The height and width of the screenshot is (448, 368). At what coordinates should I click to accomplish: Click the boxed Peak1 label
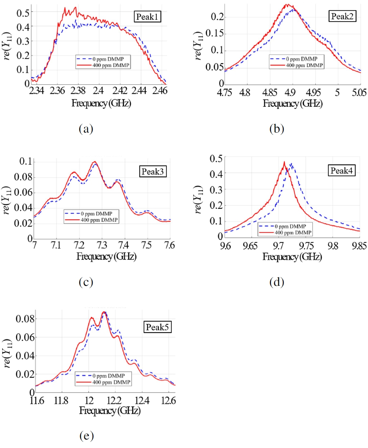(147, 17)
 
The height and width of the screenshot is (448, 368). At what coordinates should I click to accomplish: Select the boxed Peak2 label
(342, 16)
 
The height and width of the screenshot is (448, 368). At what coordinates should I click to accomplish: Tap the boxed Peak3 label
(153, 171)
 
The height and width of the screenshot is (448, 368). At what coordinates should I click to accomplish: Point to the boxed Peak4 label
(342, 170)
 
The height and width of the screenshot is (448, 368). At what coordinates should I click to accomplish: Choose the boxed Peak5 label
(157, 327)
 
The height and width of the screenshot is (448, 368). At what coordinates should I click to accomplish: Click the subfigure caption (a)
(86, 129)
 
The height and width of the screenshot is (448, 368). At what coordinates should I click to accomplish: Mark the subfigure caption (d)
(276, 282)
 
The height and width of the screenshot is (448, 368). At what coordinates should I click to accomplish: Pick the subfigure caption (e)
(87, 436)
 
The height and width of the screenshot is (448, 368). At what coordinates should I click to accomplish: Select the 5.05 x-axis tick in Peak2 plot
(359, 93)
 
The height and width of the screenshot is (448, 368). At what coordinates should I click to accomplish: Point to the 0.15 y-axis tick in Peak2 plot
(214, 34)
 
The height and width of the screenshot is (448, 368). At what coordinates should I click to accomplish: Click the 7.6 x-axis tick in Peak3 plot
(169, 246)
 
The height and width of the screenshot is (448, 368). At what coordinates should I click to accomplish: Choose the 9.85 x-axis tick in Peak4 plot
(359, 246)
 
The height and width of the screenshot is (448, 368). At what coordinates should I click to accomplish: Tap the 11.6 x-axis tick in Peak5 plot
(37, 401)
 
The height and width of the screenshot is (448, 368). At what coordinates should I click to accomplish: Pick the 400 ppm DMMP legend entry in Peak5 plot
(111, 382)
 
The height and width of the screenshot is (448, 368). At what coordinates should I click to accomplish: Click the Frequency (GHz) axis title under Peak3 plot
(106, 257)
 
